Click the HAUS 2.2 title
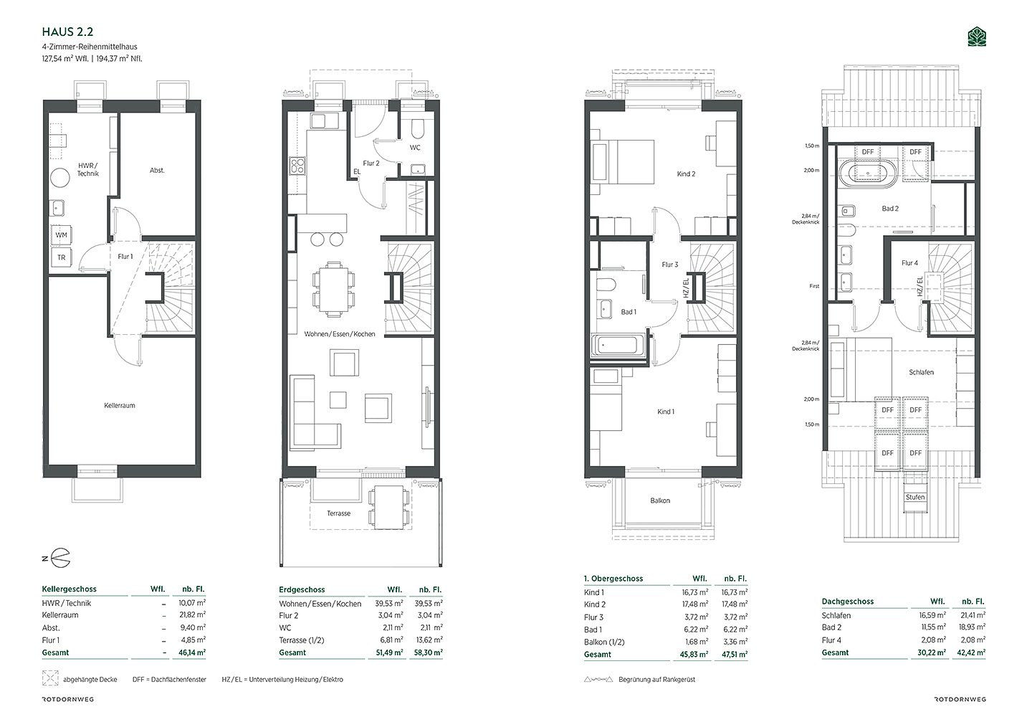[67, 32]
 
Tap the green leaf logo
[977, 37]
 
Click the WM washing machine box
[62, 235]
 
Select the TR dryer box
[62, 257]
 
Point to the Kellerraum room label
[120, 406]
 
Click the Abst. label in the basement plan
[157, 170]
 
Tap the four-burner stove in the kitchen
[297, 166]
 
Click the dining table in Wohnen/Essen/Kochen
[333, 290]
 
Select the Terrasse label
[338, 513]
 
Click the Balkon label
[660, 500]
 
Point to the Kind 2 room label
[686, 174]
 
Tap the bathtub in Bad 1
[618, 345]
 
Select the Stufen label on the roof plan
[915, 498]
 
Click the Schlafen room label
[921, 373]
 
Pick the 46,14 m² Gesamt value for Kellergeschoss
[192, 652]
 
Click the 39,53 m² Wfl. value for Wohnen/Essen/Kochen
[389, 604]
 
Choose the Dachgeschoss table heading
[848, 602]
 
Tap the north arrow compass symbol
[57, 559]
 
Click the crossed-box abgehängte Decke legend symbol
[50, 678]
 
